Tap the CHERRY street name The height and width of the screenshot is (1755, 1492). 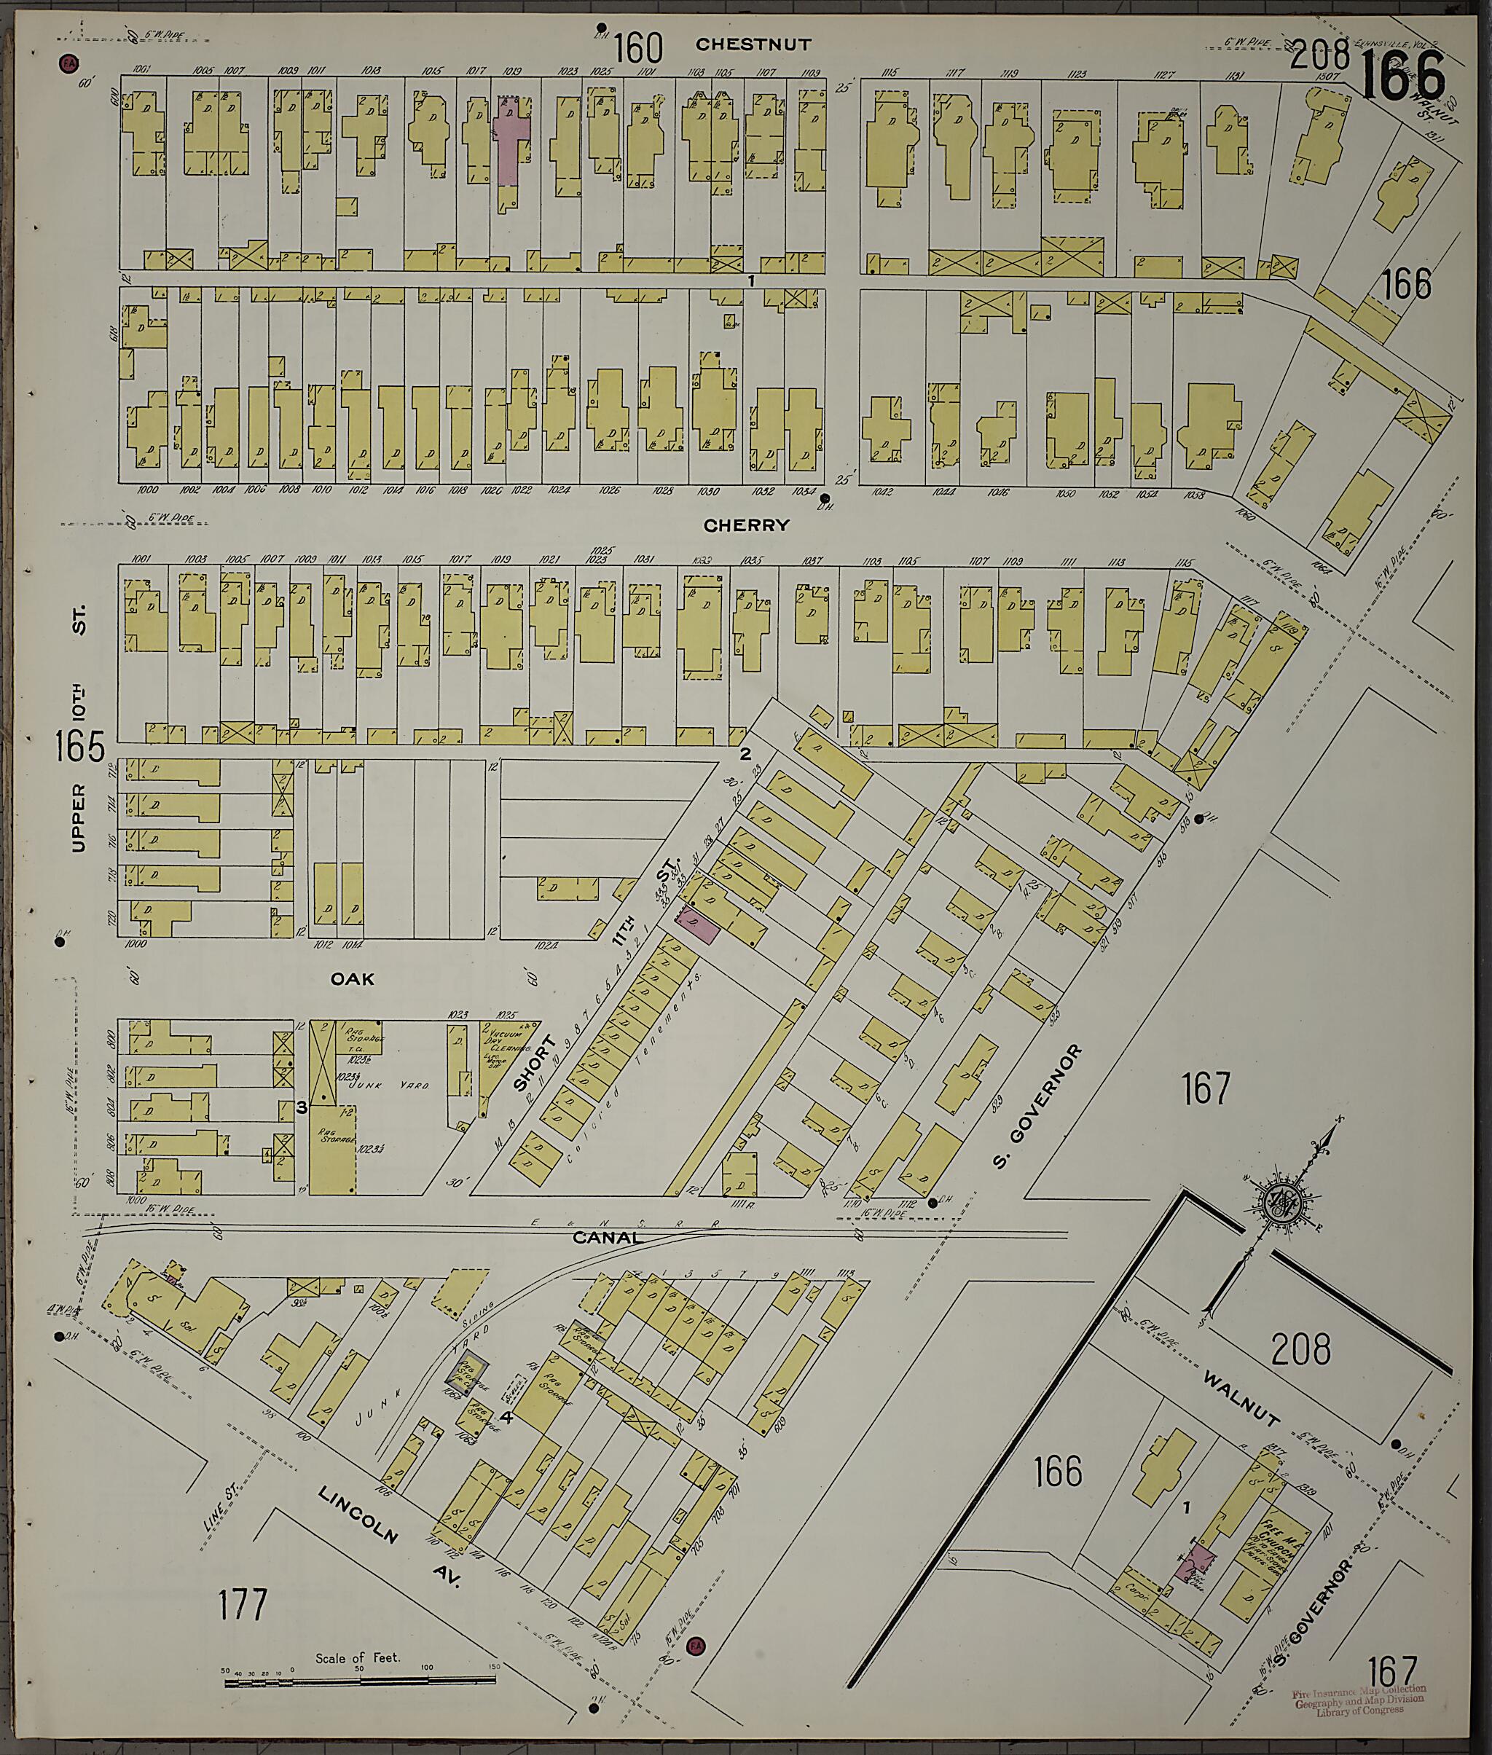pos(746,525)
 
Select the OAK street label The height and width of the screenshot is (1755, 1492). pos(352,978)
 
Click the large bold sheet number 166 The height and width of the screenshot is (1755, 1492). pos(1402,77)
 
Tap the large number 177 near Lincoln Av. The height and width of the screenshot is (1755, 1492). pos(242,1604)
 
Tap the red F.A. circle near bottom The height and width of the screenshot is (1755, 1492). pos(695,1646)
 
